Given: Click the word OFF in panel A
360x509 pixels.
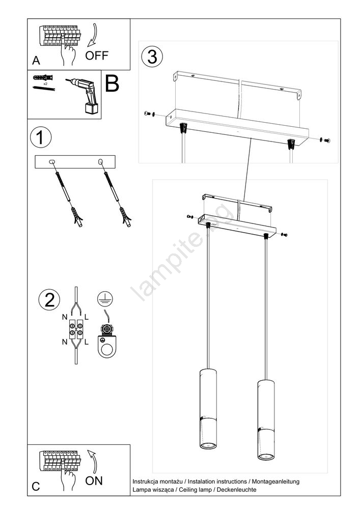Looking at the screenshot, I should (x=96, y=55).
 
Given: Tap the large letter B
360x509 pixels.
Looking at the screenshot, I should (x=112, y=84).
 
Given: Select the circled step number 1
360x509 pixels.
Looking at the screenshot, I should (x=41, y=137).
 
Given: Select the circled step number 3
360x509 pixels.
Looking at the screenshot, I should (x=152, y=56).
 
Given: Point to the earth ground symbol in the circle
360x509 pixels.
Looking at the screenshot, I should (x=105, y=299).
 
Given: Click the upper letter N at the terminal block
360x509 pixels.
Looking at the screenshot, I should (x=65, y=317).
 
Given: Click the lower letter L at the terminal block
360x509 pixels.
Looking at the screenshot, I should (x=87, y=342).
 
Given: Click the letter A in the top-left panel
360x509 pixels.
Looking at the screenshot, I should (x=36, y=61).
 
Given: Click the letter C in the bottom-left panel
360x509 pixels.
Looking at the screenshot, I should (x=36, y=486).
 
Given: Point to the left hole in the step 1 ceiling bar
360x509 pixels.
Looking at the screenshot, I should (x=52, y=162).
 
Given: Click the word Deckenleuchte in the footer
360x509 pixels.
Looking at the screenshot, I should (x=238, y=490).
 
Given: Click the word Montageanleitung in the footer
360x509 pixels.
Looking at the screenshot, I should (x=275, y=481).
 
